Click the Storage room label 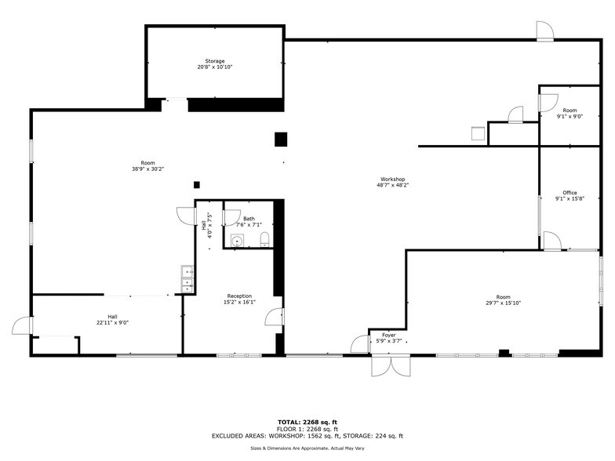click(215, 61)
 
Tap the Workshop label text click(392, 179)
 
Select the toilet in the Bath click(265, 239)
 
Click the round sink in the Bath click(237, 241)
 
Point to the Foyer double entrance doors click(391, 366)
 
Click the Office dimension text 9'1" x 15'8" click(570, 199)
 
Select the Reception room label click(239, 296)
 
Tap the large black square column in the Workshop click(281, 140)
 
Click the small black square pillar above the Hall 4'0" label click(197, 185)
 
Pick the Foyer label click(389, 336)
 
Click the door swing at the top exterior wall click(544, 31)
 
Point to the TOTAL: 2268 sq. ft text click(307, 422)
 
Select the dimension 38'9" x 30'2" click(147, 169)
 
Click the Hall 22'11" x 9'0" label click(113, 320)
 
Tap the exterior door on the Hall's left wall click(22, 326)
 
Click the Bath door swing click(231, 218)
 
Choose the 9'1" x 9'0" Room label click(570, 113)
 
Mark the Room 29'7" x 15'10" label click(504, 299)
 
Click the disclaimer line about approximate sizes click(307, 448)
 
